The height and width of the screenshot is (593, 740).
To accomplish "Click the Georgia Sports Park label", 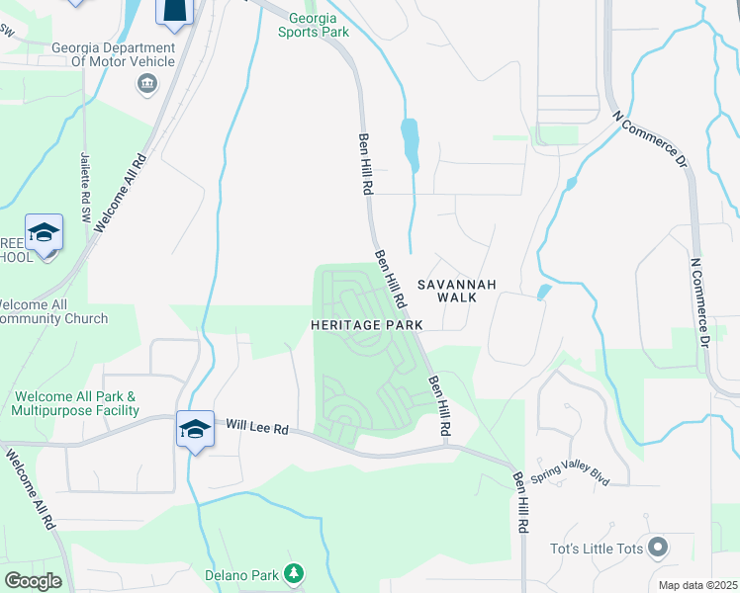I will [x=319, y=25].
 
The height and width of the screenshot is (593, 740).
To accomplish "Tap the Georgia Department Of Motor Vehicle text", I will [x=113, y=53].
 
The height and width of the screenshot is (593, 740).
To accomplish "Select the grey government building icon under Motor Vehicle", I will [x=147, y=82].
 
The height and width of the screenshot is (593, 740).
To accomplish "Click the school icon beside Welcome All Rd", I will [x=45, y=233].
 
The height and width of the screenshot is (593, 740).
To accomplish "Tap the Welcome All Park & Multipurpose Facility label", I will [x=76, y=403].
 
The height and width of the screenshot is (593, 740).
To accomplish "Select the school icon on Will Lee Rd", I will [x=195, y=429].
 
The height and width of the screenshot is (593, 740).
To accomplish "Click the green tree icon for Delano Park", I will [x=293, y=572].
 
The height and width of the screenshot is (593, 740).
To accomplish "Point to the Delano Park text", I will [x=242, y=574].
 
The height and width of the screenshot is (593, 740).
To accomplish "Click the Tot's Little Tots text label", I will [x=598, y=549].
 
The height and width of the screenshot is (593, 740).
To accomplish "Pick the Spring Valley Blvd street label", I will [x=570, y=475].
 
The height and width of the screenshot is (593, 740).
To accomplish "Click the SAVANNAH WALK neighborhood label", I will [x=455, y=291].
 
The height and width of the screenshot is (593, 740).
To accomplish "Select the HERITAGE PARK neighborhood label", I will [x=367, y=324].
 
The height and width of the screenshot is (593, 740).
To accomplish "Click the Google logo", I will [x=34, y=581].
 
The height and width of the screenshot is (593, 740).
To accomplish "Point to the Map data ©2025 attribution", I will [x=697, y=585].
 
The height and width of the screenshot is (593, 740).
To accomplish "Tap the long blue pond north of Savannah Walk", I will [x=410, y=142].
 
